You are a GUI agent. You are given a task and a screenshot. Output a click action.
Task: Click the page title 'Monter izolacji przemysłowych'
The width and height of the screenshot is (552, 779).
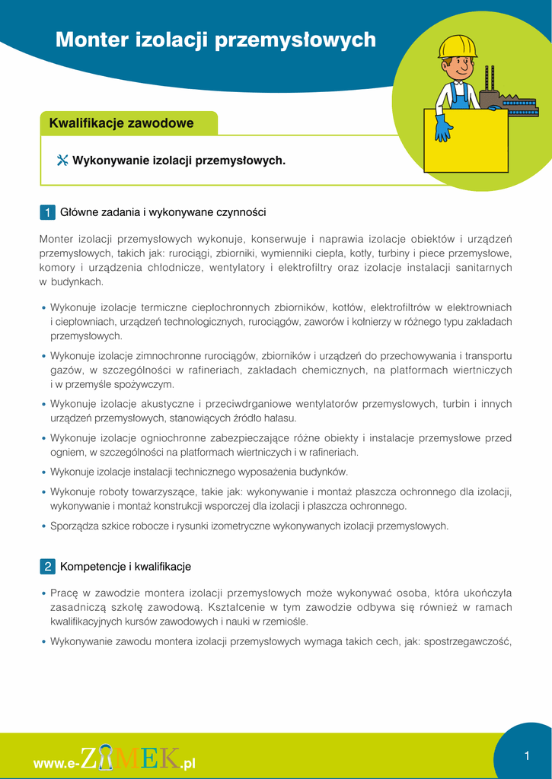click(215, 40)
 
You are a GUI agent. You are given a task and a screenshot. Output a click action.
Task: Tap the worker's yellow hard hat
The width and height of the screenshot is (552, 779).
click(457, 47)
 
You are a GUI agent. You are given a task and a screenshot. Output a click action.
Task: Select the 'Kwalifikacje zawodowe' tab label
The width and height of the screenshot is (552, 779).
click(121, 123)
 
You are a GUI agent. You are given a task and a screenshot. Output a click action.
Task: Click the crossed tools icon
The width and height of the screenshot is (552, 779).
click(62, 161)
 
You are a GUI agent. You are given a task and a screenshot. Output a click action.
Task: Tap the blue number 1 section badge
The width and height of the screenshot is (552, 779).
click(47, 212)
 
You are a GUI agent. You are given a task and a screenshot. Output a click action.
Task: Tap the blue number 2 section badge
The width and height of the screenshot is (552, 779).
click(47, 567)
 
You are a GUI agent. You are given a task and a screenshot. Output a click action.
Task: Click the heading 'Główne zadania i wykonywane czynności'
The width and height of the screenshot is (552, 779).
click(163, 212)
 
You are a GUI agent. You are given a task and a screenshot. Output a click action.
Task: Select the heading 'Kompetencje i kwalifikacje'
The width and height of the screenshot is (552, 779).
click(126, 567)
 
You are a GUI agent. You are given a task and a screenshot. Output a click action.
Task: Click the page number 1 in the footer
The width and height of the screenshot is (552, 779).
click(526, 755)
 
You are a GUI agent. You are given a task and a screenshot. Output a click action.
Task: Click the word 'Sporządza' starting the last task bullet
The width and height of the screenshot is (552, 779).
click(73, 526)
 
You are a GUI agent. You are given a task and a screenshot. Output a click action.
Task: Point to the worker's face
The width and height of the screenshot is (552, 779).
click(458, 68)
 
